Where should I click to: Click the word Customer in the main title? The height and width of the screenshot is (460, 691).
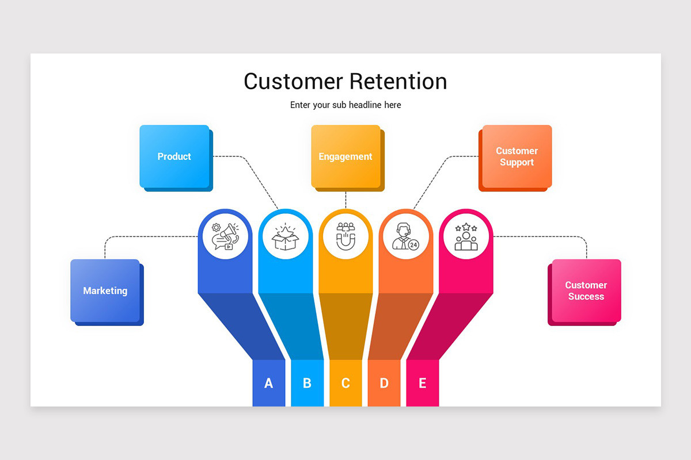(x=293, y=81)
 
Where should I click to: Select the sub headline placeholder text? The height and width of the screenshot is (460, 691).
(x=345, y=105)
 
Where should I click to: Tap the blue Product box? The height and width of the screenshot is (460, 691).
(x=174, y=156)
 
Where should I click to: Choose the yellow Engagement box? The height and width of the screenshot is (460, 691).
(x=345, y=156)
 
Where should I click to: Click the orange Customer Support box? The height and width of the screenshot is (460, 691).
(x=517, y=156)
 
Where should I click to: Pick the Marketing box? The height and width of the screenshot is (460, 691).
(x=105, y=290)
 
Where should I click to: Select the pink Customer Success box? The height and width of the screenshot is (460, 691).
(x=586, y=290)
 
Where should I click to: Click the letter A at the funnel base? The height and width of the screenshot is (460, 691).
(x=268, y=383)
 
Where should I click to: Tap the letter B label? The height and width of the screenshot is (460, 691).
(x=307, y=383)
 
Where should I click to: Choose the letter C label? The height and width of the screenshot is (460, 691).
(x=345, y=383)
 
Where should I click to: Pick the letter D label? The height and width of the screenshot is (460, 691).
(x=384, y=383)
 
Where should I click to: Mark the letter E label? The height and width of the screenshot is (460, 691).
(x=423, y=383)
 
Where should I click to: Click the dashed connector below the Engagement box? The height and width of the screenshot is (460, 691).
(x=345, y=200)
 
